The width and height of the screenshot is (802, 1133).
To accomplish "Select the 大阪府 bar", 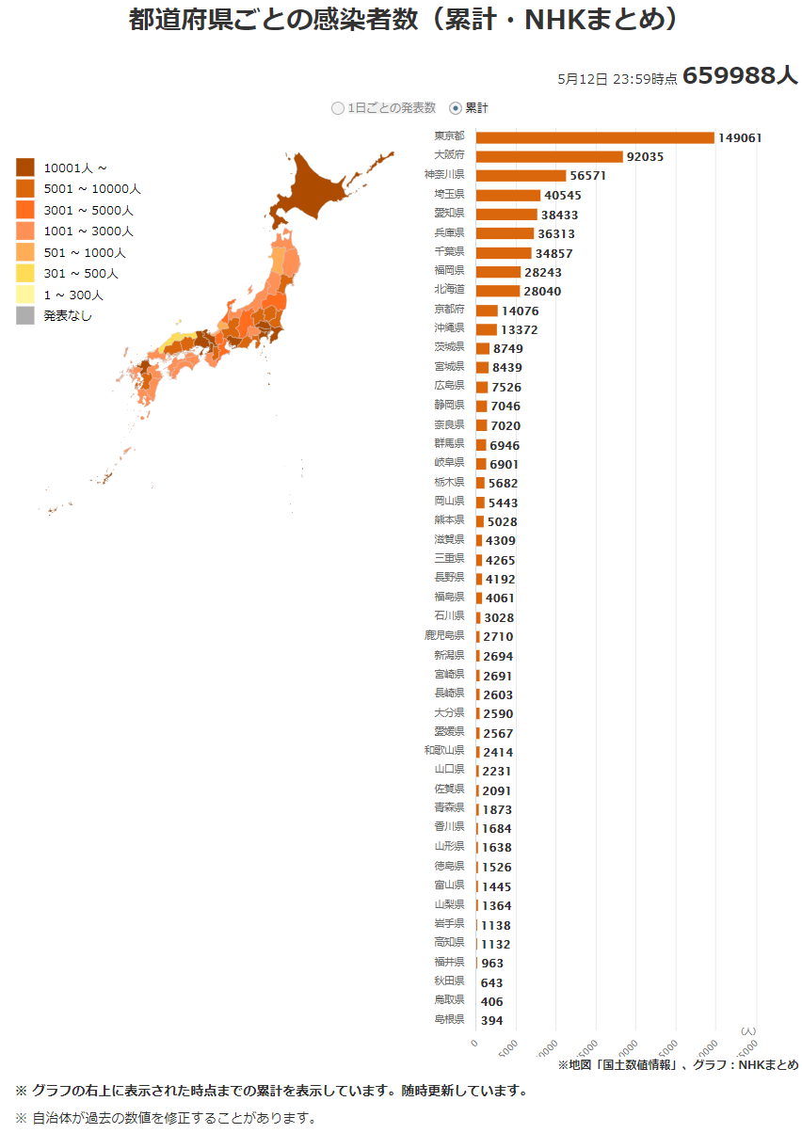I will [550, 156].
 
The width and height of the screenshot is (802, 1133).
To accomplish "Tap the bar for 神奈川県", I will [521, 176].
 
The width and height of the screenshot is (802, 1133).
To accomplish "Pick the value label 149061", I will [740, 137].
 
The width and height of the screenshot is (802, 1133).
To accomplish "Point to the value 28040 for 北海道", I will [542, 292].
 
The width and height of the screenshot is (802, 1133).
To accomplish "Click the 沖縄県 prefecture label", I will [449, 327].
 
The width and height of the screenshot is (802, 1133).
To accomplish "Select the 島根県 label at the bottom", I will [449, 1019].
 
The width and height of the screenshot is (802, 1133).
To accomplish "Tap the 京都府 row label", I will [449, 309].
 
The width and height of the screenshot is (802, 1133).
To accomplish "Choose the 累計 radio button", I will [457, 108].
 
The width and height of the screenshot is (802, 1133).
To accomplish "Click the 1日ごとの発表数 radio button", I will [338, 108].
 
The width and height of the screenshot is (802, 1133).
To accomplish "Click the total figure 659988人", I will [740, 76].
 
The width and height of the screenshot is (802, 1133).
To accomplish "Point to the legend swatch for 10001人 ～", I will [25, 168].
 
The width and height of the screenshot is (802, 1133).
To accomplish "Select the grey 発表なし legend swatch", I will [25, 316].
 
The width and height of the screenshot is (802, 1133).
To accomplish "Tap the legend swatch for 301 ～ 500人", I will [25, 274].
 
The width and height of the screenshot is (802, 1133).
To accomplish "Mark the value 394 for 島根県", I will [492, 1021].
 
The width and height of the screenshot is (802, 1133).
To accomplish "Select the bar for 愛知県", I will [506, 215].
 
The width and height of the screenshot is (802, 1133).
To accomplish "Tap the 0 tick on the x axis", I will [474, 1043].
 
